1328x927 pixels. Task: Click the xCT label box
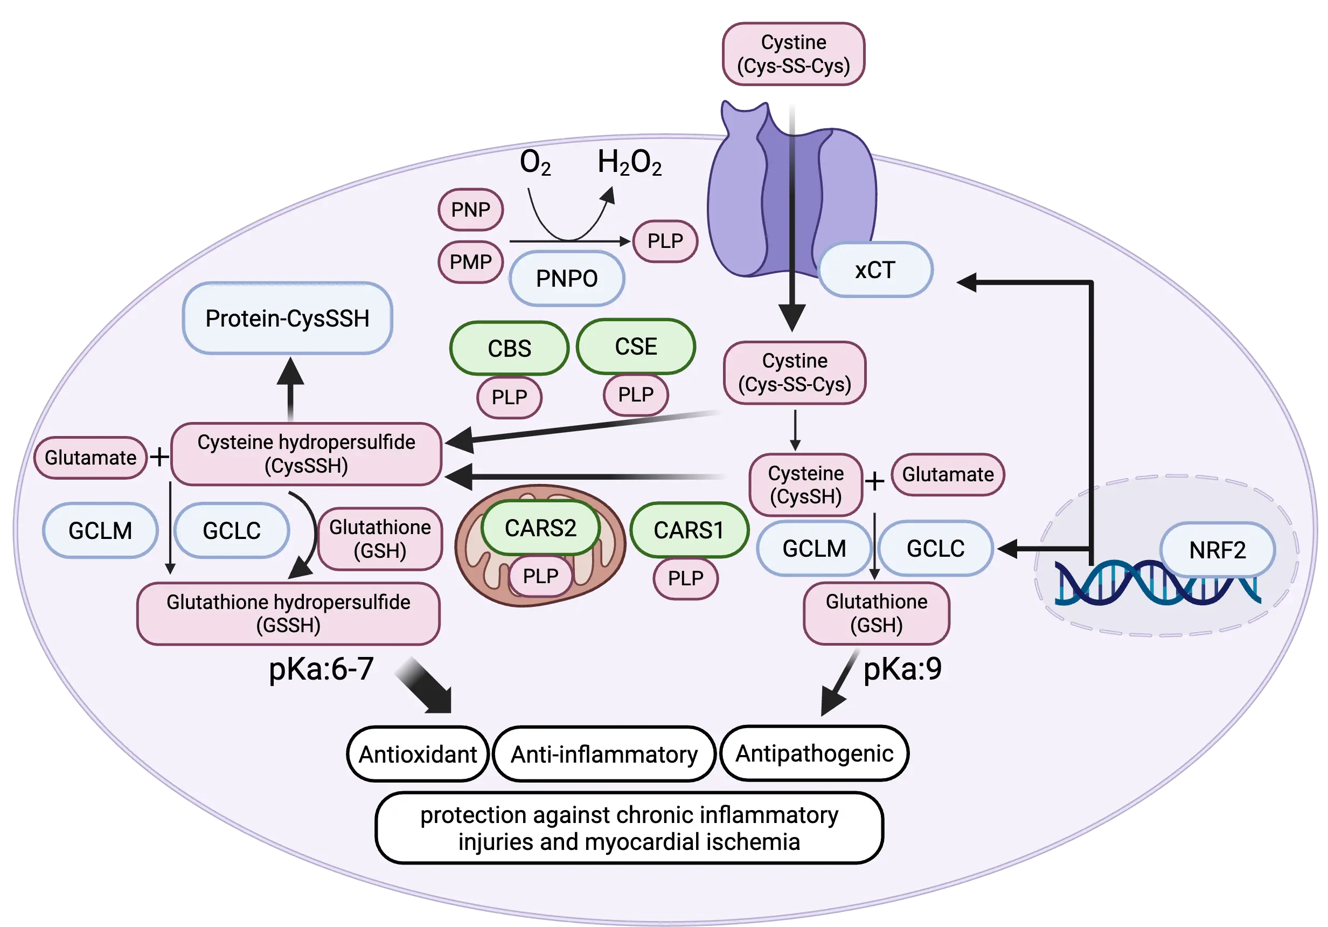coord(875,270)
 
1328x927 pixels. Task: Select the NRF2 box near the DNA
coord(1217,550)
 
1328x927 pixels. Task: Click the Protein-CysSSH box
coord(288,319)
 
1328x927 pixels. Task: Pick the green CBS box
coord(509,348)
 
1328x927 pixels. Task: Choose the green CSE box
coord(636,347)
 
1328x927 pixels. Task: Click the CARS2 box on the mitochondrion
coord(540,528)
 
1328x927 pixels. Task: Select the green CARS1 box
coord(689,530)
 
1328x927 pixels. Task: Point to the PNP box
coord(470,210)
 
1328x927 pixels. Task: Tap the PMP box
coord(470,262)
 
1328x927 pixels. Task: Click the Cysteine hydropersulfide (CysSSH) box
coord(306,454)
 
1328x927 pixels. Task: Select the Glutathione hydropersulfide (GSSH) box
coord(288,613)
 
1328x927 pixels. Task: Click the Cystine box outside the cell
coord(793,54)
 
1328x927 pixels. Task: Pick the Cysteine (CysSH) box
coord(806,485)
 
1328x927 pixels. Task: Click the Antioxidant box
coord(418,755)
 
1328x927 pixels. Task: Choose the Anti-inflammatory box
coord(604,755)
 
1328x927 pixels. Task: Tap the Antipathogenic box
coord(814,753)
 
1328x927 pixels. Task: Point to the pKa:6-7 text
coord(322,669)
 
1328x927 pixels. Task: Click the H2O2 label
coord(629,163)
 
